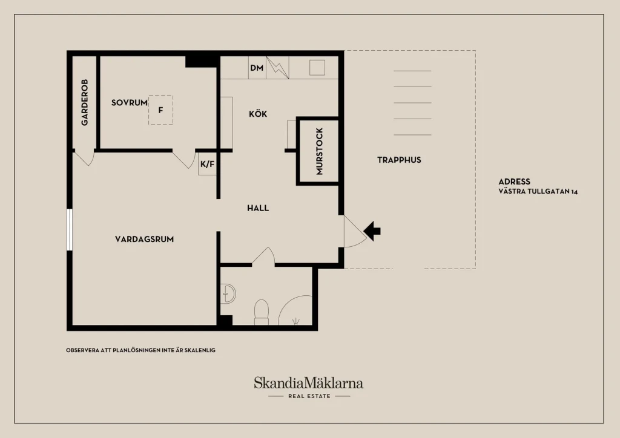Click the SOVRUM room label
click(x=130, y=103)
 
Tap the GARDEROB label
click(x=85, y=102)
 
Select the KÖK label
click(x=258, y=114)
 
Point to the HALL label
click(x=258, y=208)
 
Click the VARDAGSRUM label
click(x=144, y=239)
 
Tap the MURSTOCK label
click(x=320, y=151)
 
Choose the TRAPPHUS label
click(x=399, y=160)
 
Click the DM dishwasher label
click(x=257, y=68)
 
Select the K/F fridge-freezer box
click(x=207, y=164)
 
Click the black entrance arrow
click(x=372, y=231)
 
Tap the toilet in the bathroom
click(x=262, y=312)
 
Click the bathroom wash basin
click(x=228, y=294)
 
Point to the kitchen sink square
click(x=317, y=68)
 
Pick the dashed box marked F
click(x=160, y=109)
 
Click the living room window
click(x=70, y=229)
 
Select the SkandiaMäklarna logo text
click(x=308, y=383)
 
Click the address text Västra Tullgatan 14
click(x=538, y=192)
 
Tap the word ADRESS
click(x=514, y=181)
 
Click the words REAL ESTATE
click(x=309, y=396)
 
